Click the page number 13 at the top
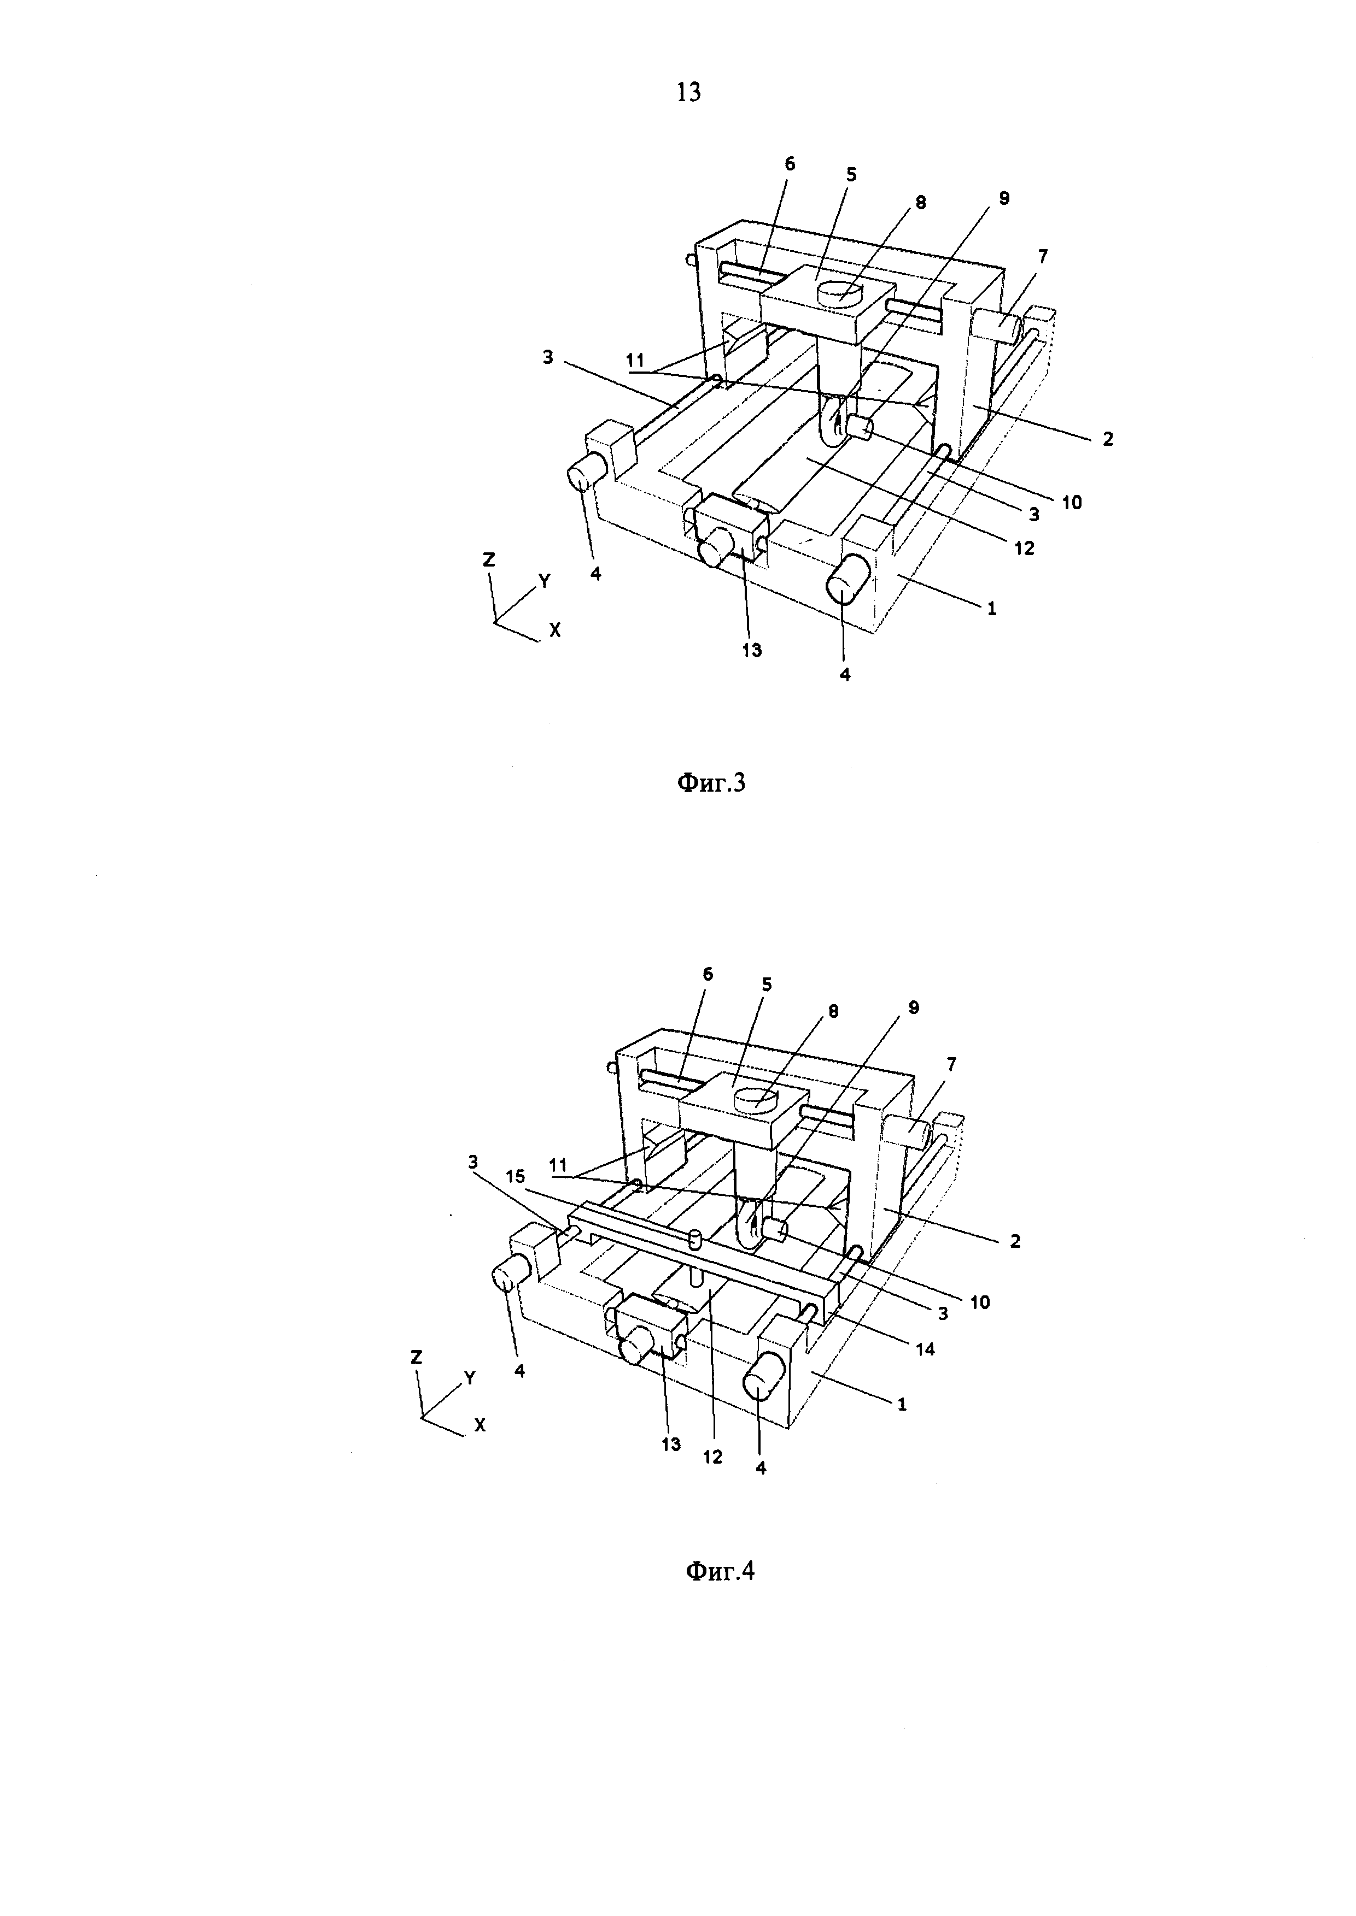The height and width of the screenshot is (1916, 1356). tap(688, 92)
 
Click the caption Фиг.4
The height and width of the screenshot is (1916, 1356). tap(720, 1571)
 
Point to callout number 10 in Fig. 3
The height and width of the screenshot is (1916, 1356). tap(1071, 503)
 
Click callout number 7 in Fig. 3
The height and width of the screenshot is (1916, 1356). tap(1043, 256)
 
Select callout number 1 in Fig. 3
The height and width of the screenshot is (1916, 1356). tap(992, 609)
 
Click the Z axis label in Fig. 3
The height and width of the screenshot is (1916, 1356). tap(489, 560)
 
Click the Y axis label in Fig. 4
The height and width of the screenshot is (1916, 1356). tap(470, 1378)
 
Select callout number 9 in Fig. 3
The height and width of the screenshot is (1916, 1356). tap(1004, 198)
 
